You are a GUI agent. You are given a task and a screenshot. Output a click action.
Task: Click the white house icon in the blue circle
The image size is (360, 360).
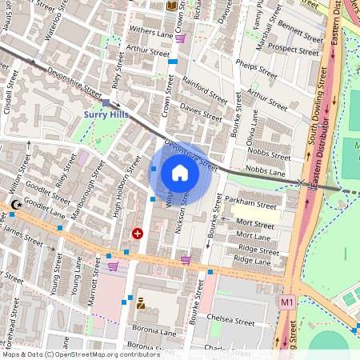point(180,173)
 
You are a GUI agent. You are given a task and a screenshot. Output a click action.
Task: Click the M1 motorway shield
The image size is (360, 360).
point(286,302)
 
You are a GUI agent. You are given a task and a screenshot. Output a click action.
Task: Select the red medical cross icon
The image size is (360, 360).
point(138,234)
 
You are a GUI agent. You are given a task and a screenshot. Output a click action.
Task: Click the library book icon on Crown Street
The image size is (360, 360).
point(171,6)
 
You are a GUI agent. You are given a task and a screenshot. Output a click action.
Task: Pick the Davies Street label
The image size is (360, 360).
point(200,110)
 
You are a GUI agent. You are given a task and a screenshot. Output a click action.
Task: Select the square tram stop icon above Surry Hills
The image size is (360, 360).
point(106,102)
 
